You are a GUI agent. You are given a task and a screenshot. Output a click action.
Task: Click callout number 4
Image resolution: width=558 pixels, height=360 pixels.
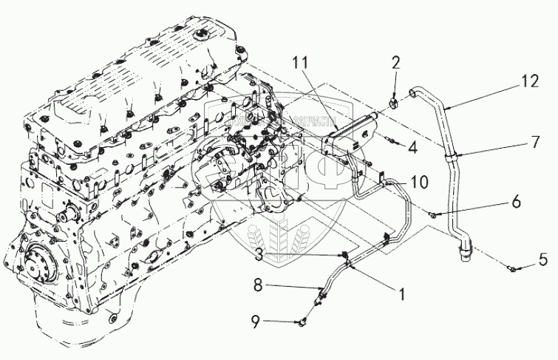click(x=412, y=147)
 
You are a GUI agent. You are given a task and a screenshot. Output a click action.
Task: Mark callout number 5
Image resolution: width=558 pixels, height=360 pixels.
click(x=543, y=259)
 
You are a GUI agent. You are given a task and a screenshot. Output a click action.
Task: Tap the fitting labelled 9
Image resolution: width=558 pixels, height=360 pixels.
click(x=303, y=322)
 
